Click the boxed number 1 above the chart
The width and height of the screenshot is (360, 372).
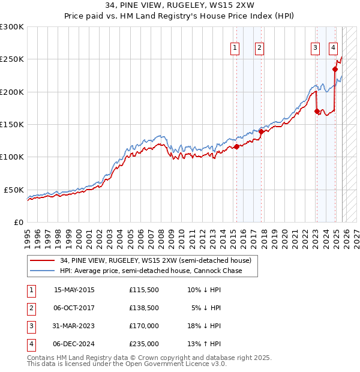click(x=235, y=49)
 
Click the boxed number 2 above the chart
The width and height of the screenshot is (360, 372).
click(x=259, y=49)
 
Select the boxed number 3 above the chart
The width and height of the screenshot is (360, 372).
click(x=315, y=49)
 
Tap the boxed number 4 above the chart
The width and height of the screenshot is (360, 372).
click(x=333, y=49)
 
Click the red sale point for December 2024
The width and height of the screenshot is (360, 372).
click(x=335, y=70)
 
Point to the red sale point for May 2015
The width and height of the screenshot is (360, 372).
click(x=236, y=146)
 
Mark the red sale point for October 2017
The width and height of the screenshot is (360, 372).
click(x=261, y=131)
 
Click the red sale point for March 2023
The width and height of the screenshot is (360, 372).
click(x=316, y=111)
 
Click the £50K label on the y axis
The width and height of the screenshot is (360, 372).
click(x=14, y=190)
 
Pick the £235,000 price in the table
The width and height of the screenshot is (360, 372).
click(x=143, y=344)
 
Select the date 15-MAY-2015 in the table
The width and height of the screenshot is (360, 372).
click(x=74, y=290)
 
